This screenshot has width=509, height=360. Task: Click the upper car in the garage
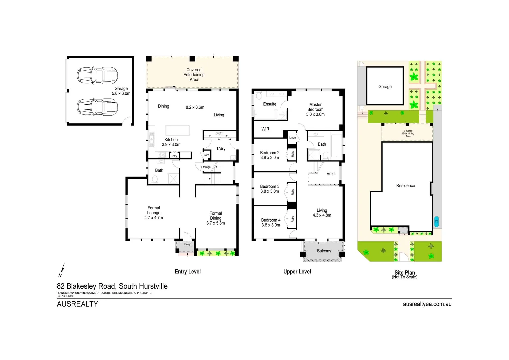click(x=97, y=75)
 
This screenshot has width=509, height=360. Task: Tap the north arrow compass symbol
click(x=61, y=270)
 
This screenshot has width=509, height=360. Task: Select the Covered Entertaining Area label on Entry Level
click(x=194, y=75)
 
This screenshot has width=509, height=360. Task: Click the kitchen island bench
click(x=178, y=130)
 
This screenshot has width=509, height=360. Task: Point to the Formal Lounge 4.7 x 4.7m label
click(x=154, y=213)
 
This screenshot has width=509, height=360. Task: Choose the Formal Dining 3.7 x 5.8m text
click(x=216, y=218)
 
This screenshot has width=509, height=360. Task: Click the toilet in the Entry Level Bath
click(x=155, y=179)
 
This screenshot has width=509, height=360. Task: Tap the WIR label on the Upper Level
click(x=265, y=129)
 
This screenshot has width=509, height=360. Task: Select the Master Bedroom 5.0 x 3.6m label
click(x=315, y=109)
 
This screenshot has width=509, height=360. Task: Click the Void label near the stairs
click(x=330, y=174)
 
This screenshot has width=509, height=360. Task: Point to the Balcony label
click(x=324, y=251)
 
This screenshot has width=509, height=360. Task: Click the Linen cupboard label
click(x=292, y=138)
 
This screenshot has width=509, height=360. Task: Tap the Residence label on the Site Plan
click(x=405, y=186)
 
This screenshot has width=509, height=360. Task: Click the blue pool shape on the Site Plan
click(x=436, y=222)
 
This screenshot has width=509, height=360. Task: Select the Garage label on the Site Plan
click(x=385, y=87)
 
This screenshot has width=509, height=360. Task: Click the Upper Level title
click(x=297, y=272)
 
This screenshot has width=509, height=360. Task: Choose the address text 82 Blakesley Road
click(x=112, y=286)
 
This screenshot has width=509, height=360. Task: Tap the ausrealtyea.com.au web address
click(x=427, y=304)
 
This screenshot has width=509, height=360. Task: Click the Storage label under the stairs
click(x=206, y=167)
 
